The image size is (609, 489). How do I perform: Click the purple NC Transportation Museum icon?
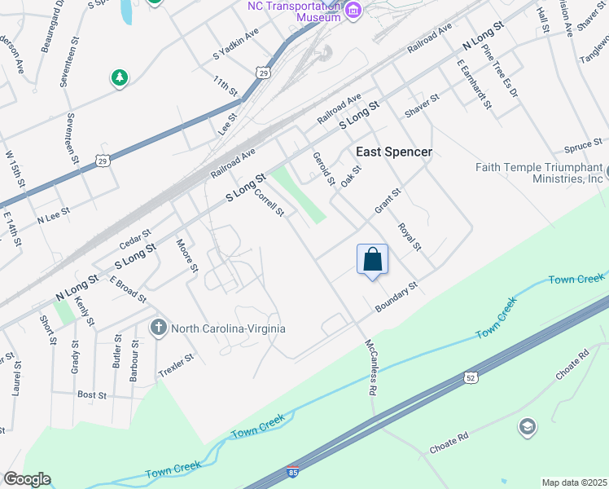(353, 10)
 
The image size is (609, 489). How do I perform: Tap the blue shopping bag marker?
(372, 260)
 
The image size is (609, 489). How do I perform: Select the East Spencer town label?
(394, 152)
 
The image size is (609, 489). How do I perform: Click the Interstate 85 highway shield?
(293, 471)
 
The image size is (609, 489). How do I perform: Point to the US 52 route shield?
(471, 377)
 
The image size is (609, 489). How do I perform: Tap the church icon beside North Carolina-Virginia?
(160, 328)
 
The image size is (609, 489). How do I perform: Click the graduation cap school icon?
(527, 426)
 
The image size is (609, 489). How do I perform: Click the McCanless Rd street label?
(370, 368)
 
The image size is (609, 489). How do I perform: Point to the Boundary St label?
(396, 297)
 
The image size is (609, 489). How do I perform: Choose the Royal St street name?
(410, 236)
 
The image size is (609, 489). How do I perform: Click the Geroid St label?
(324, 167)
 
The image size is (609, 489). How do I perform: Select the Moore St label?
(188, 255)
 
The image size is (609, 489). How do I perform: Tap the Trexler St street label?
(176, 363)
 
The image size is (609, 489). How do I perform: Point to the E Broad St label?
(128, 289)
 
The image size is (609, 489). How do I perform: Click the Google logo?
(27, 479)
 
